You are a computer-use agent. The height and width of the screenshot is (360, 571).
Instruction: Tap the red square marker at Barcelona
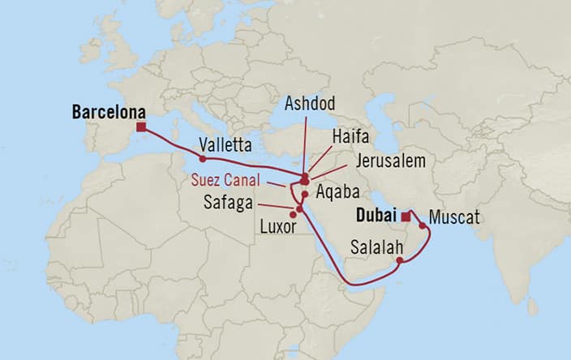point(141,127)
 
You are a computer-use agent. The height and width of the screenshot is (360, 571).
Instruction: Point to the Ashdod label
point(309,104)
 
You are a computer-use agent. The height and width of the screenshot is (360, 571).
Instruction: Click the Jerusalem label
point(391,161)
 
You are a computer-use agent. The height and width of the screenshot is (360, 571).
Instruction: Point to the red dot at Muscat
point(422,226)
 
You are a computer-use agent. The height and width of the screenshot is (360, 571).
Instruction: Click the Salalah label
point(376,246)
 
